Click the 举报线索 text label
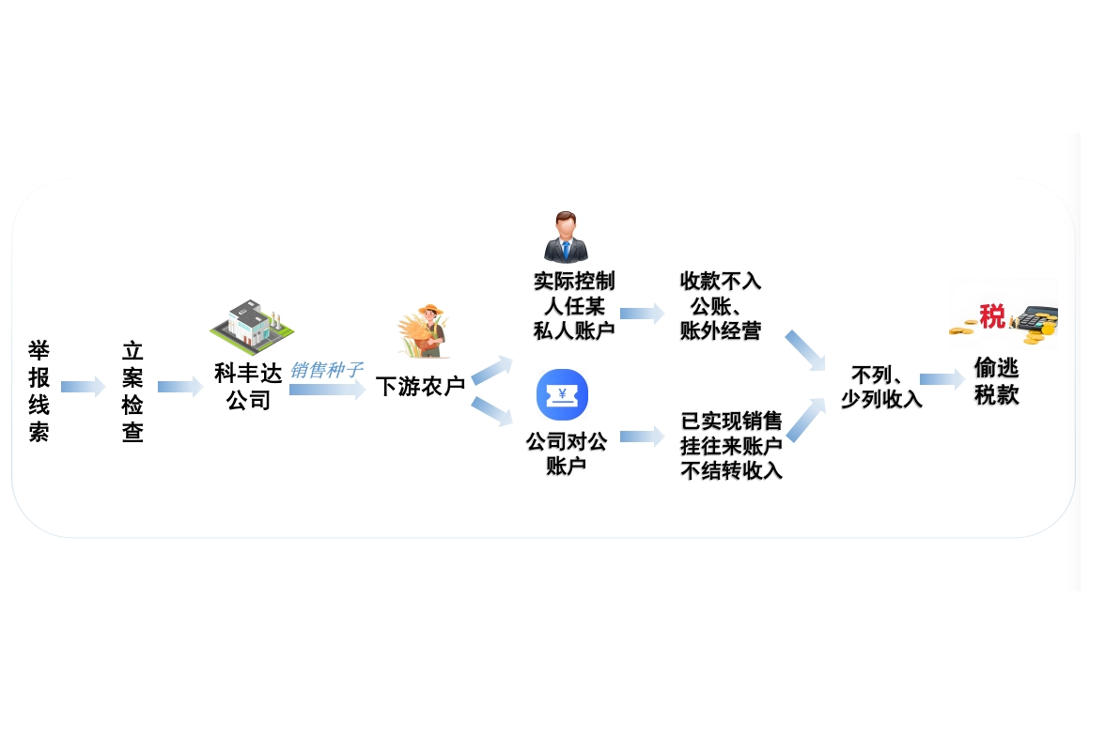(x=39, y=391)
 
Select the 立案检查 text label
(x=132, y=391)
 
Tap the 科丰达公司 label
(x=248, y=387)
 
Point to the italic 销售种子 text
(x=325, y=370)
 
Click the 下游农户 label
(x=420, y=386)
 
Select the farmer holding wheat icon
(x=424, y=331)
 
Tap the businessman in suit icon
(x=566, y=237)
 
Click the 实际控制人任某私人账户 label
(x=573, y=306)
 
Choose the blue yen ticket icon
(x=562, y=394)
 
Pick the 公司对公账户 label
(x=566, y=452)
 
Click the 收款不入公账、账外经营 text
(x=720, y=306)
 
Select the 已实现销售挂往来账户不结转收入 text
(x=731, y=446)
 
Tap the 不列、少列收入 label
(x=880, y=387)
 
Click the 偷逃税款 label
(x=997, y=381)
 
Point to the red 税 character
(x=992, y=316)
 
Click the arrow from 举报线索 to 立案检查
(x=83, y=387)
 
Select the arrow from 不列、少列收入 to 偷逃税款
(x=942, y=379)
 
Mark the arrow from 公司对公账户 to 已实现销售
(x=642, y=436)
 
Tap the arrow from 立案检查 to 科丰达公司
(x=180, y=387)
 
